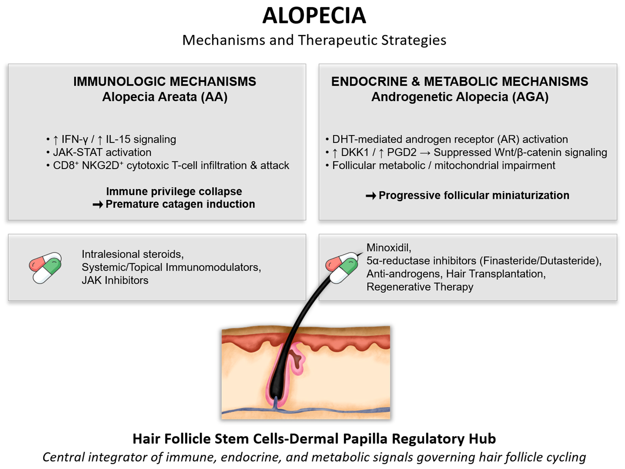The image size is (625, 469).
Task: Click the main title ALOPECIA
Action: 314,16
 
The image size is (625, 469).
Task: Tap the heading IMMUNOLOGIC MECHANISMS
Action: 164,82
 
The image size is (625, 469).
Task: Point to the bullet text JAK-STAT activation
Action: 102,152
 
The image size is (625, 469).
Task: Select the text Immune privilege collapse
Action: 174,191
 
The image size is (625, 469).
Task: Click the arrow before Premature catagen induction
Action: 98,204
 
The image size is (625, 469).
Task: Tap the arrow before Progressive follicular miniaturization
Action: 371,196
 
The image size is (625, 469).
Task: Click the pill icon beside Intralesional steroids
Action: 45,268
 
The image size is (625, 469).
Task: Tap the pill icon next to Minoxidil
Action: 341,268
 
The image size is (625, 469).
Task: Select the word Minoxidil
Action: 388,248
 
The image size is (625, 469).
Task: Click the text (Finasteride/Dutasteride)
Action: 540,261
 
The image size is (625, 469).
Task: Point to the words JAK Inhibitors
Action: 115,280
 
